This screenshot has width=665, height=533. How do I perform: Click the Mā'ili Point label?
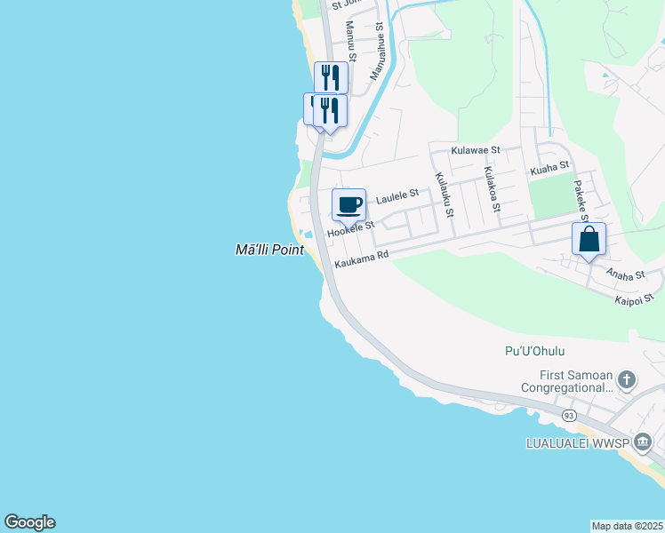(x=268, y=251)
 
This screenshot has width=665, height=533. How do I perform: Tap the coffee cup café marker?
(x=349, y=204)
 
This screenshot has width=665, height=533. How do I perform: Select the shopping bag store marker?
(x=589, y=238)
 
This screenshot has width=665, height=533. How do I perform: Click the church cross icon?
(x=627, y=380)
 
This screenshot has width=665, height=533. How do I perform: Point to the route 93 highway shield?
(x=569, y=415)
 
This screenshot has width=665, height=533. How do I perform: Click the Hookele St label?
(x=351, y=229)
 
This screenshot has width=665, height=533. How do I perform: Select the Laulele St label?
(x=397, y=197)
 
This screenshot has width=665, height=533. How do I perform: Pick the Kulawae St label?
(x=476, y=151)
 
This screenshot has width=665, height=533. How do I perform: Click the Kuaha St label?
(x=549, y=167)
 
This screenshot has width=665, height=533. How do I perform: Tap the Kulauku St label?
(x=444, y=195)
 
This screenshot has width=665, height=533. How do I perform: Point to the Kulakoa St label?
(x=491, y=188)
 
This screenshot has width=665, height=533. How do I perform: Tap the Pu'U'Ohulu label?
(x=534, y=351)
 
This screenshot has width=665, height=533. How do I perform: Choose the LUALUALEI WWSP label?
(x=579, y=442)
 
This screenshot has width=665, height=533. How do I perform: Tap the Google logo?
(x=29, y=522)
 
